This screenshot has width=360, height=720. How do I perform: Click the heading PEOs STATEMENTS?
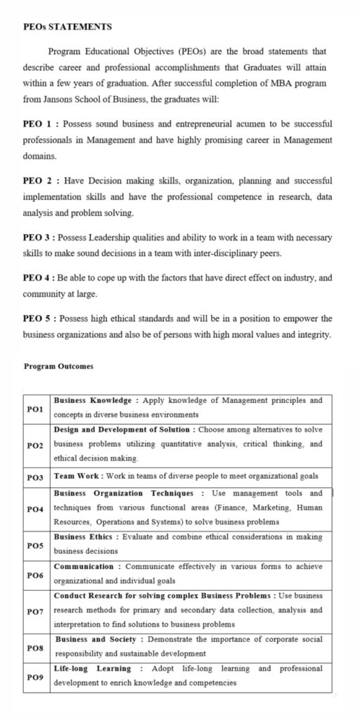(67, 27)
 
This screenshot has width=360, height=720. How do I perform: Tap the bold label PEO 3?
(39, 238)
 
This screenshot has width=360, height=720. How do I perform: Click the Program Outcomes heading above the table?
(58, 366)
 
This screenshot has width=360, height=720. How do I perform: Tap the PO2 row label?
(35, 445)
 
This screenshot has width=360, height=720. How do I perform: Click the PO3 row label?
(35, 477)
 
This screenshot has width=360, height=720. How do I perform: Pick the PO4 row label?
(35, 508)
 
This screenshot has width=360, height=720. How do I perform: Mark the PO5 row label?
(35, 544)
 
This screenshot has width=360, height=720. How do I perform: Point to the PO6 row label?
(35, 574)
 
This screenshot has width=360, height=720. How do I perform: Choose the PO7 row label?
(35, 610)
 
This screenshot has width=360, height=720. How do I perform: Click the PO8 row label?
(35, 647)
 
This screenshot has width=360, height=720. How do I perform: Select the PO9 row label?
(35, 676)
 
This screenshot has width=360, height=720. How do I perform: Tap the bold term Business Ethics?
(84, 536)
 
